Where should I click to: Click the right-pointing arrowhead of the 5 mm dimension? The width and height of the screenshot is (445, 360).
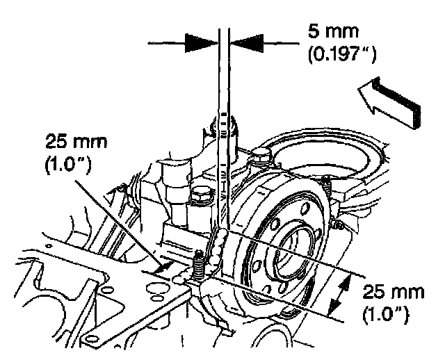tap(201, 42)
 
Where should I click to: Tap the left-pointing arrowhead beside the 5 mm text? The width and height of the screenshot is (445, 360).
tap(245, 42)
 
